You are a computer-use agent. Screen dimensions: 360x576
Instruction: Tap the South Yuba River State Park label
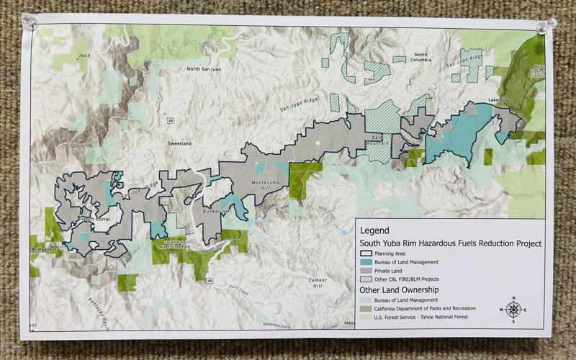coord(174,244)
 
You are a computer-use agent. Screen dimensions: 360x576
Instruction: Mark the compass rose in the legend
coord(513,309)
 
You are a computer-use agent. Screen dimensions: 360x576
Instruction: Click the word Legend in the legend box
coord(376,230)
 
